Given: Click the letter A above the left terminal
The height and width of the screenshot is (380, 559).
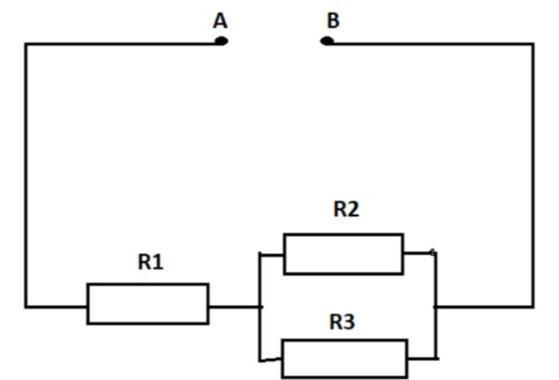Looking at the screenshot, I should [220, 21].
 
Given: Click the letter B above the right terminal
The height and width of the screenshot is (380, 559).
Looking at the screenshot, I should [333, 21].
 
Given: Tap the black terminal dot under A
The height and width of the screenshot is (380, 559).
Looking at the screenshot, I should [221, 41].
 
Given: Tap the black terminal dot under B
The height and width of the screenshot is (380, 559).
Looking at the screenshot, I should [326, 41].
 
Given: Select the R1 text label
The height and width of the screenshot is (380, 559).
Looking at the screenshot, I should [150, 262].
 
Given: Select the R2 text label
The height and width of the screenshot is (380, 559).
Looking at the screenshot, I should [346, 209].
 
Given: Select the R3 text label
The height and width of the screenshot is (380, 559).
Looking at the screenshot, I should [342, 322].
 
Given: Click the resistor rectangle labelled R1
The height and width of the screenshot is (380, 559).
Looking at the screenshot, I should [147, 304].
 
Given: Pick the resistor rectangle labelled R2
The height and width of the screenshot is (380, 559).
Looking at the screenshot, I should [343, 254].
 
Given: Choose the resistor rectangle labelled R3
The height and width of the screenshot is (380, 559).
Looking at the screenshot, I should [344, 358].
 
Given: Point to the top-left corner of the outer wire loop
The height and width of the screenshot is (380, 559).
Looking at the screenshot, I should [26, 44].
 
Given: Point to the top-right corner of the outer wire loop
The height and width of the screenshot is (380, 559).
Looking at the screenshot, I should [533, 44].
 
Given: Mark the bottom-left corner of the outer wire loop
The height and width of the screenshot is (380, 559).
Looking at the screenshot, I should [26, 306].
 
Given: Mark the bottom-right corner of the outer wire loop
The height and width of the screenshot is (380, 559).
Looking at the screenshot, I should [533, 306].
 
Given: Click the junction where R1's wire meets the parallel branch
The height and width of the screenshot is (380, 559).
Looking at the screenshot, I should [260, 307].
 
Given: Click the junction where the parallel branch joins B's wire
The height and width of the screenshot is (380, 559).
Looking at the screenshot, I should [436, 307].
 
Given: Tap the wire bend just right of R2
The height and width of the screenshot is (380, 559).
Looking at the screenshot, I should [435, 253].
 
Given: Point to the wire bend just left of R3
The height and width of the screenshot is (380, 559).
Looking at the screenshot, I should [260, 360].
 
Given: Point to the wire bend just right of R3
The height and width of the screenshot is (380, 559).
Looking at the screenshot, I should [436, 359].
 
